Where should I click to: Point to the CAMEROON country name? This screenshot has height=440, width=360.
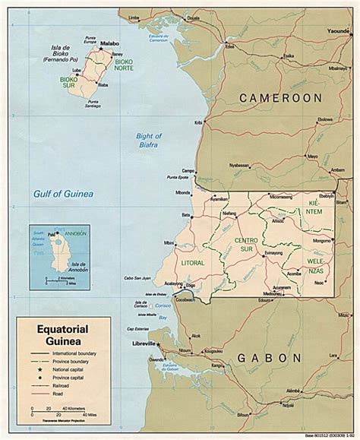click(x=280, y=98)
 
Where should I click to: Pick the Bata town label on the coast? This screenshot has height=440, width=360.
click(x=185, y=215)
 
